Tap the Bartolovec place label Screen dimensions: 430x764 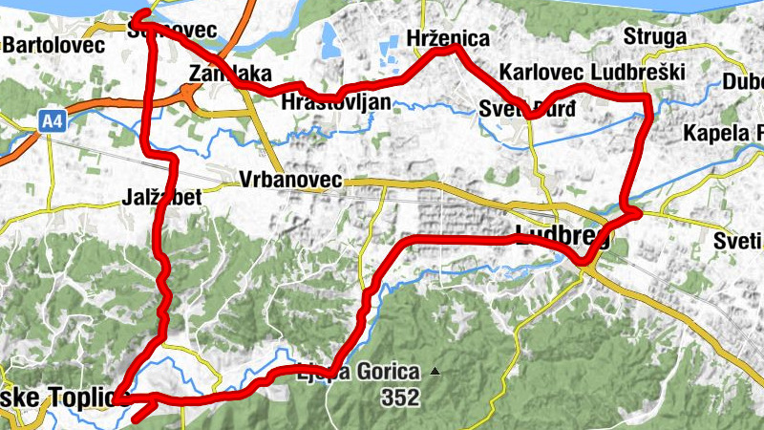[x=47, y=44]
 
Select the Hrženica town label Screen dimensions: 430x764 [x=447, y=39]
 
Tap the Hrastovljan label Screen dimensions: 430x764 [x=337, y=100]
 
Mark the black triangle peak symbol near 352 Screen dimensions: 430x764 [x=435, y=371]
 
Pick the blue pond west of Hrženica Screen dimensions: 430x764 [x=330, y=39]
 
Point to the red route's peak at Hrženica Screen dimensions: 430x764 [x=449, y=49]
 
